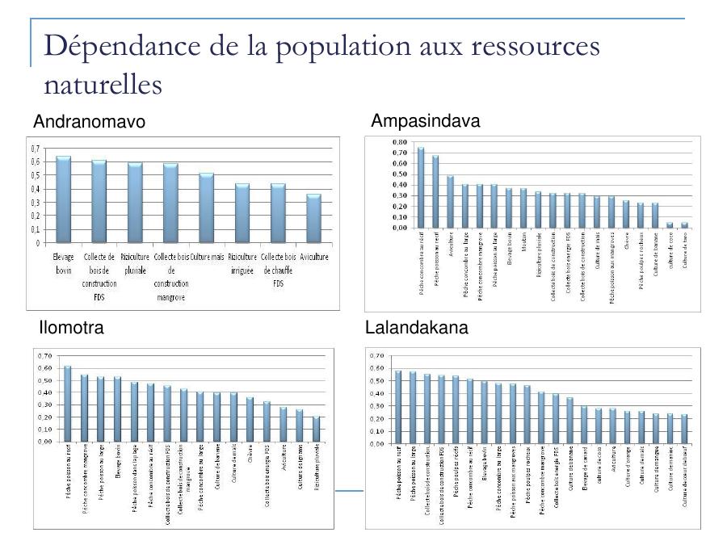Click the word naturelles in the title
(x=103, y=84)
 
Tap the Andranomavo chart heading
(x=89, y=122)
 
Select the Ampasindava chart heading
(x=425, y=121)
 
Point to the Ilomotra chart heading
(x=71, y=328)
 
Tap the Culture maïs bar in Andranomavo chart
(x=206, y=208)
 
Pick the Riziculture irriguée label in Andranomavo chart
(x=242, y=263)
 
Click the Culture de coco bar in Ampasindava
(x=670, y=225)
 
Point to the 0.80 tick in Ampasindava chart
(x=398, y=142)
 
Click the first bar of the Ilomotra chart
(x=68, y=404)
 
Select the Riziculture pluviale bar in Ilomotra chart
(x=316, y=429)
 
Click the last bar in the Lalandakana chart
(x=685, y=430)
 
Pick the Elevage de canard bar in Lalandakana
(x=584, y=425)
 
